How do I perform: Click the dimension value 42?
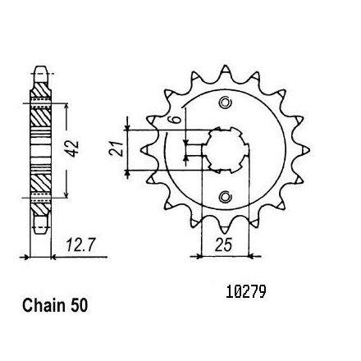pyautogui.click(x=73, y=149)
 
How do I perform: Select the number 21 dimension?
pyautogui.click(x=116, y=149)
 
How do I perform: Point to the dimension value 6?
pyautogui.click(x=176, y=120)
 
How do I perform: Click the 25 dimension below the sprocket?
pyautogui.click(x=223, y=244)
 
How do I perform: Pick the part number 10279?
pyautogui.click(x=245, y=292)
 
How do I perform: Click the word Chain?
pyautogui.click(x=44, y=306)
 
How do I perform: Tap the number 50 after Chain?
pyautogui.click(x=80, y=306)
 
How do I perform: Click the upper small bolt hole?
pyautogui.click(x=225, y=103)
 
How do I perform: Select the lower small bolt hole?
pyautogui.click(x=225, y=197)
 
